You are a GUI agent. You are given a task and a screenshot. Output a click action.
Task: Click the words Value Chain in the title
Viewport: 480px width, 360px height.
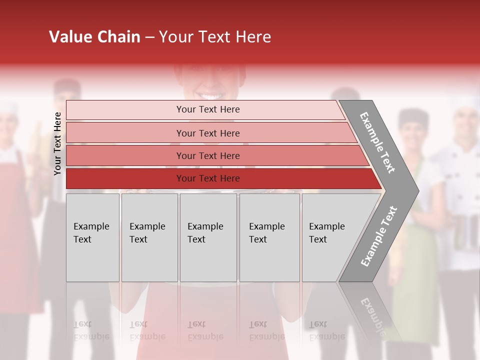point(94,37)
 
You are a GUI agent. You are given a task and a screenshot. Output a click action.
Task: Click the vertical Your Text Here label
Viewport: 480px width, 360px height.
point(57,143)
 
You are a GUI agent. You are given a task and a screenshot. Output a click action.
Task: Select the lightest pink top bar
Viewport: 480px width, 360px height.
point(125,110)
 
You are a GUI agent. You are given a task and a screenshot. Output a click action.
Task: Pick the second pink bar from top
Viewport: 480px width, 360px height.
point(125,133)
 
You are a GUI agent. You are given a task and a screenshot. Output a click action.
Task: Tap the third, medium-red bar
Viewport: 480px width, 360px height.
point(125,155)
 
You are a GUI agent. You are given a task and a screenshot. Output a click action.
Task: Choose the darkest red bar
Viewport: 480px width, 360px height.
point(125,178)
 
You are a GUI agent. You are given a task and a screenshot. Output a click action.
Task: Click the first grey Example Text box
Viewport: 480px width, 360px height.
point(92,237)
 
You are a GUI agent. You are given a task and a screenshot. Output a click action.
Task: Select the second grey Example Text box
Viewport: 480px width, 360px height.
point(149,237)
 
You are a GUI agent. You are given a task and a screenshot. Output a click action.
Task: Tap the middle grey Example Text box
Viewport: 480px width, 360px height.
point(208,237)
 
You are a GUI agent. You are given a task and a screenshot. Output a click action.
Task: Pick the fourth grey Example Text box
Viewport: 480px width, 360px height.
point(269,237)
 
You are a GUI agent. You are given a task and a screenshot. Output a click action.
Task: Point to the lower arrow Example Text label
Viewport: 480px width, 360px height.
point(379,236)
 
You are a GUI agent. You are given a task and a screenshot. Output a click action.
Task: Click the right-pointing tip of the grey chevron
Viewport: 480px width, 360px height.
point(416,190)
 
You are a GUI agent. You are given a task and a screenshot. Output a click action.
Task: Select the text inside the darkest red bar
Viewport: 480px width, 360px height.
point(208,178)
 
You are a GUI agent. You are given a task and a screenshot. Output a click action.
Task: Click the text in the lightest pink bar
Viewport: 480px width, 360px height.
point(208,109)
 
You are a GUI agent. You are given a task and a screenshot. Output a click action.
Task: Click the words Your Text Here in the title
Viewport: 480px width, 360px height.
point(215,37)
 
